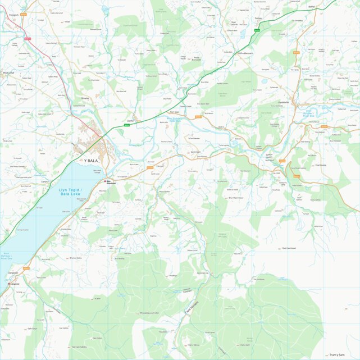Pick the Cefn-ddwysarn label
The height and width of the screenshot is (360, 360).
coord(246,53)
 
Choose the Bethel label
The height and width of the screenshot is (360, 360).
coord(312,8)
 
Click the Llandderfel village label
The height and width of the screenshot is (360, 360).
coord(284,102)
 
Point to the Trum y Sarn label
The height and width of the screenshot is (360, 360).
coord(337,354)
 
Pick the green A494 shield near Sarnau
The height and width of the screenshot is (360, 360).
coord(256,30)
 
